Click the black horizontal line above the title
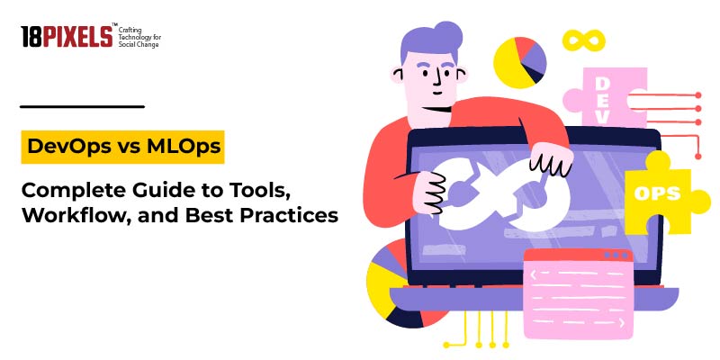coord(82,106)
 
